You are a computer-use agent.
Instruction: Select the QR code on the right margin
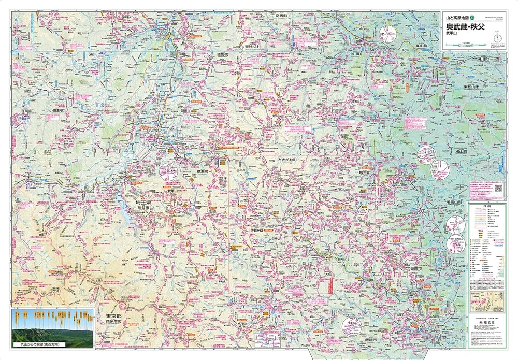(498, 189)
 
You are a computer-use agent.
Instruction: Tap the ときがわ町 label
(288, 160)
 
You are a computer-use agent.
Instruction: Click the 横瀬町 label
(202, 171)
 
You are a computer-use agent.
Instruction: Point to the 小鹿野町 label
(56, 111)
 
